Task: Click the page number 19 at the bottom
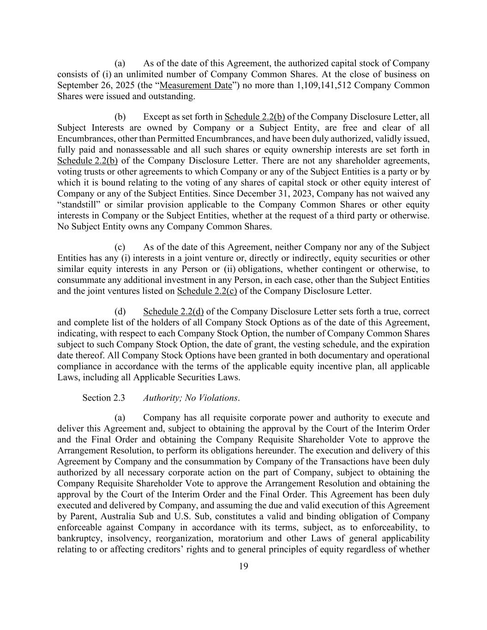[243, 567]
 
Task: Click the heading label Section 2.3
[103, 398]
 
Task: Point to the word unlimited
[139, 74]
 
